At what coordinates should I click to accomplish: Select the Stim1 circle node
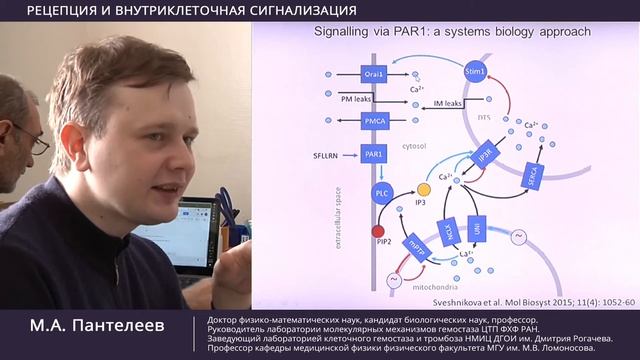click(x=475, y=73)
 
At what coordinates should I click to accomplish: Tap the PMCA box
click(x=373, y=121)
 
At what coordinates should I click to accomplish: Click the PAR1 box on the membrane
click(x=373, y=155)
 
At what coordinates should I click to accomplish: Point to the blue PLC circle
click(x=381, y=192)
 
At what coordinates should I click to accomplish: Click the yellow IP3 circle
click(x=424, y=189)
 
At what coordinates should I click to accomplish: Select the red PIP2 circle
click(x=378, y=232)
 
